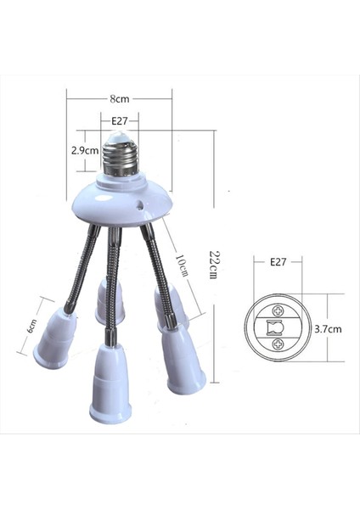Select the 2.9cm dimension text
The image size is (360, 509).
(86, 153)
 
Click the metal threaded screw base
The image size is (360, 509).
(120, 158)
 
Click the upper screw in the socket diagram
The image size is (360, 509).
(277, 310)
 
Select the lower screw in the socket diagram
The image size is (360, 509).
(277, 346)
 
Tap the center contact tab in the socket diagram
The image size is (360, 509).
(276, 327)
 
